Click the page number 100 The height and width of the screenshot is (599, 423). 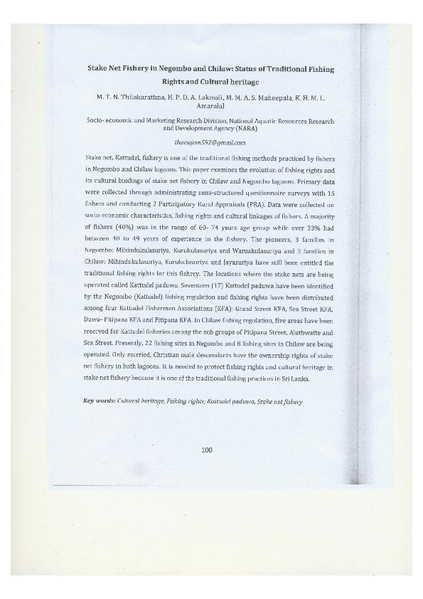207,449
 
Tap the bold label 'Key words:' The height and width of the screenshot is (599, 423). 99,402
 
